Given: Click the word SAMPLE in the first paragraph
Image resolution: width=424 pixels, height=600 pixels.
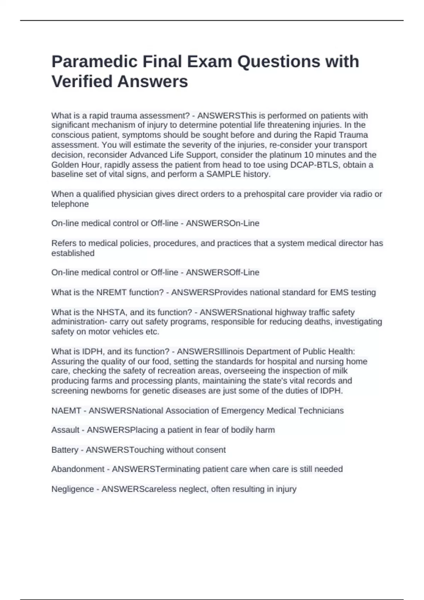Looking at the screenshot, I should click(x=223, y=174).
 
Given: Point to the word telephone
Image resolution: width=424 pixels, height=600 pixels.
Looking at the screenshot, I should click(x=70, y=204).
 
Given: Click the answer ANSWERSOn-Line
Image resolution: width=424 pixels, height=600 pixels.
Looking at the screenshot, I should click(x=223, y=223).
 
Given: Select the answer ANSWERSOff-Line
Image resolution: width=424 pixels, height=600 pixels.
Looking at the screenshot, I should click(x=223, y=272).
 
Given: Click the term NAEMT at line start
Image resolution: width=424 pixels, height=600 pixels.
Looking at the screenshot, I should click(x=66, y=411).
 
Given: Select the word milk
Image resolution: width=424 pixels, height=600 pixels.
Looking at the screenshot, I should click(x=340, y=371).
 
